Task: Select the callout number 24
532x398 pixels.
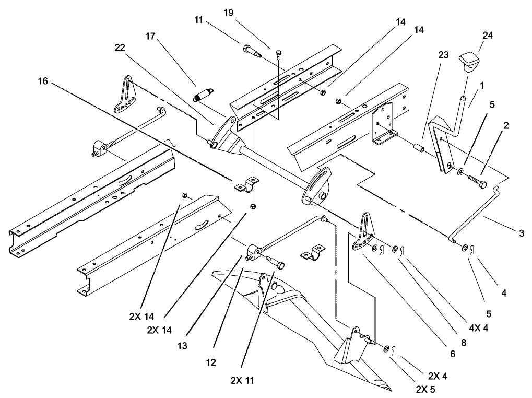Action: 488,36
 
